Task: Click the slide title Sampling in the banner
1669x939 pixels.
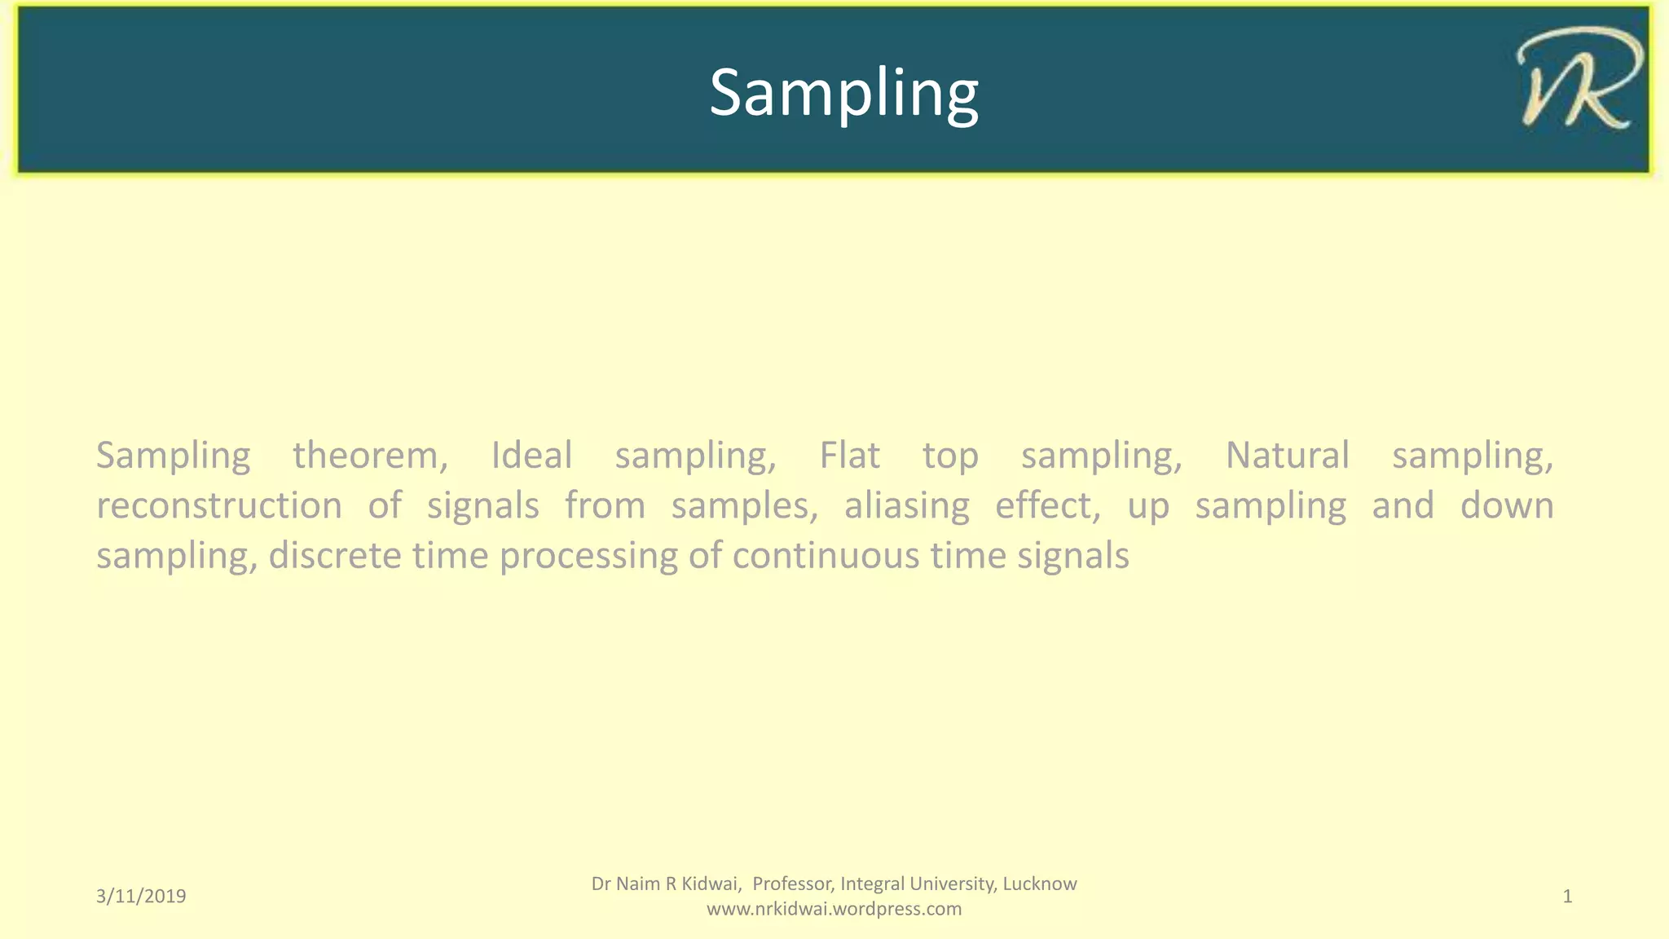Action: click(x=843, y=94)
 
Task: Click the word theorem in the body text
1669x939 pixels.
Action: click(x=370, y=456)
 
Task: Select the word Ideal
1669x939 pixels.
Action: click(x=531, y=456)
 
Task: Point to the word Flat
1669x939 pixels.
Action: click(x=849, y=456)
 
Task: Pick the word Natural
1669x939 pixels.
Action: click(x=1287, y=456)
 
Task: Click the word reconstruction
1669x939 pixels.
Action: click(x=219, y=506)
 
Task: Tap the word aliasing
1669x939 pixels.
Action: click(x=906, y=506)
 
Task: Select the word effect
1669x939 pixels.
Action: click(x=1047, y=506)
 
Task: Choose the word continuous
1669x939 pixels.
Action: click(x=826, y=557)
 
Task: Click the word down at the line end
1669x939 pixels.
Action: click(x=1506, y=506)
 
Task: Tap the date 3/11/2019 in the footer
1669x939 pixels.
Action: click(x=141, y=897)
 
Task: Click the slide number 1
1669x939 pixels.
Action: click(x=1566, y=897)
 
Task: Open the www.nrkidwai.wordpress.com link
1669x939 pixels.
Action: click(x=834, y=909)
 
